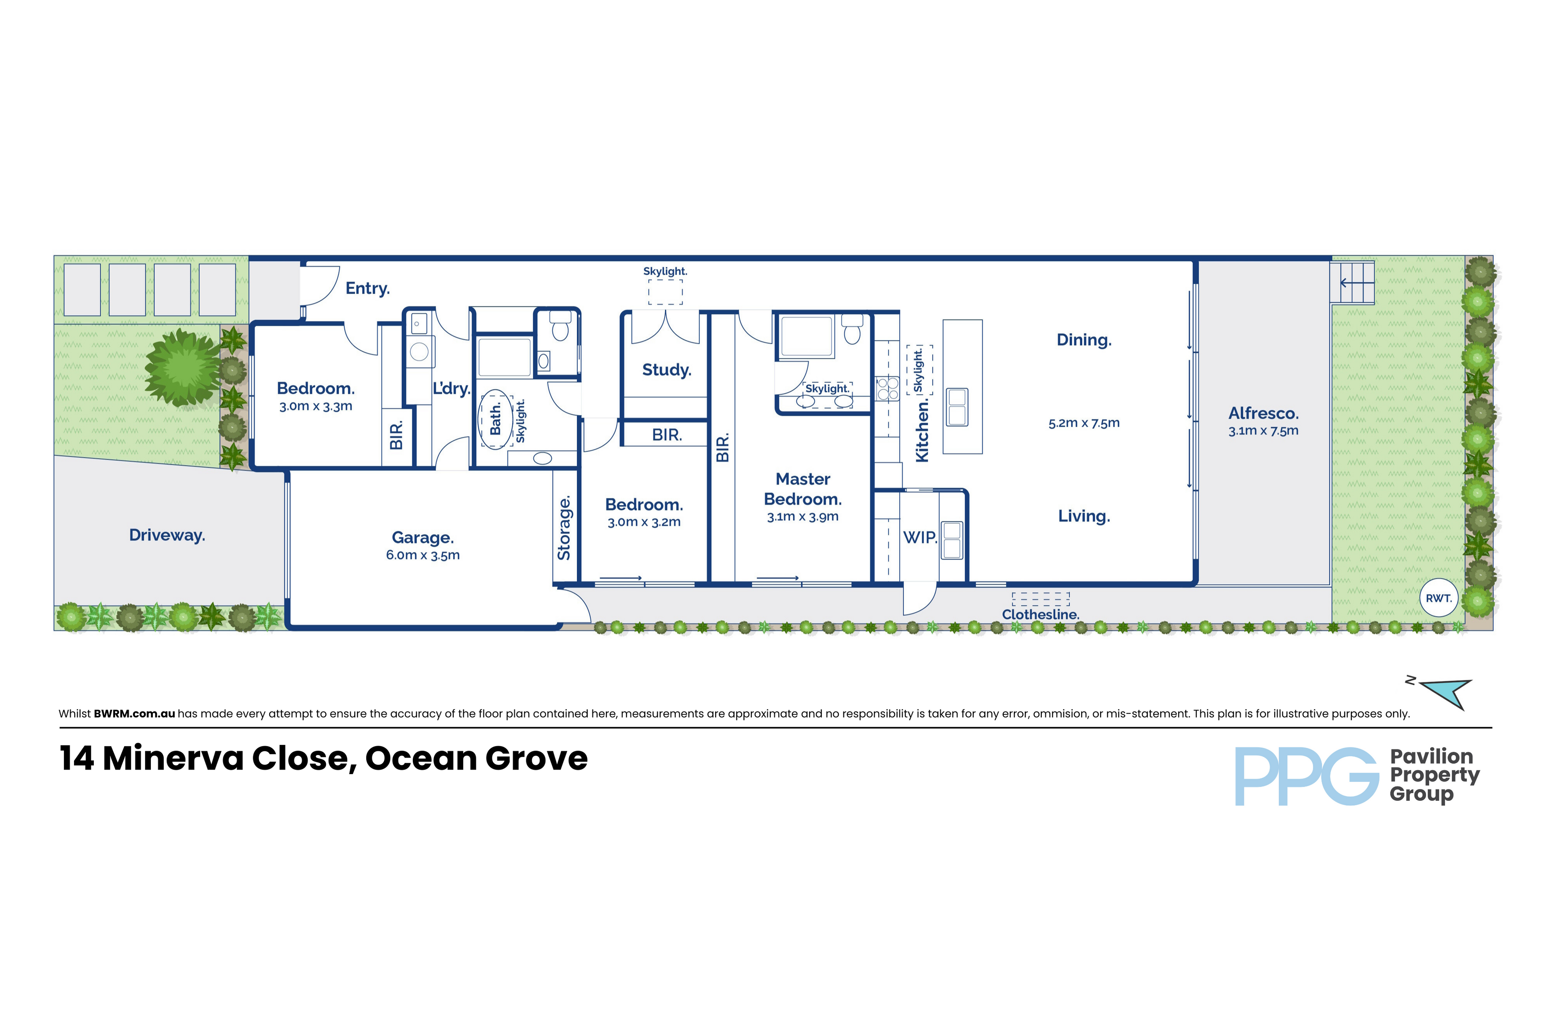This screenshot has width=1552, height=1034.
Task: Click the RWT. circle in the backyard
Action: pyautogui.click(x=1438, y=597)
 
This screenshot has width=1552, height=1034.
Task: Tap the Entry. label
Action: pyautogui.click(x=367, y=288)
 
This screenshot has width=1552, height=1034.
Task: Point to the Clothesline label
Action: pyautogui.click(x=1040, y=614)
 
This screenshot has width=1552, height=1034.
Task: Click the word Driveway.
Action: pyautogui.click(x=167, y=535)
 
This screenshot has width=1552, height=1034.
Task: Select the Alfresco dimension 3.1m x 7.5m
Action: pyautogui.click(x=1263, y=430)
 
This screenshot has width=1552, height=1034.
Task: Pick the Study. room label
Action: pyautogui.click(x=666, y=370)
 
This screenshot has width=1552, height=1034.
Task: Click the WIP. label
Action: pyautogui.click(x=919, y=538)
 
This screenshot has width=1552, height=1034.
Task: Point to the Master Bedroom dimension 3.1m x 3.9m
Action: pyautogui.click(x=802, y=516)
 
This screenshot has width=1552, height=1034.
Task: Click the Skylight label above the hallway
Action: pyautogui.click(x=665, y=271)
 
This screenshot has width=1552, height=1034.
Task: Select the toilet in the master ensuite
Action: pyautogui.click(x=852, y=330)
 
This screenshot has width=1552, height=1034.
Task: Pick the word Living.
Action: pyautogui.click(x=1084, y=516)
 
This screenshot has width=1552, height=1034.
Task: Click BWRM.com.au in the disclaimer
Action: pyautogui.click(x=134, y=713)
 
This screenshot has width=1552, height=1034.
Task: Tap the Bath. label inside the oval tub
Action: pyautogui.click(x=495, y=419)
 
